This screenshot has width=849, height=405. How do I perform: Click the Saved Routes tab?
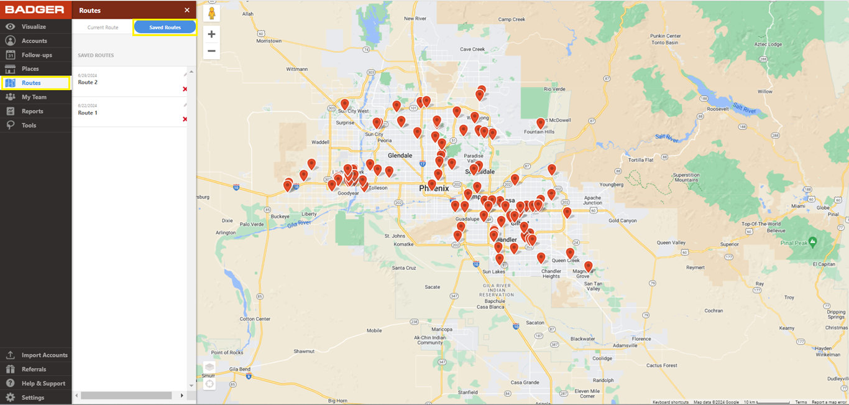[x=165, y=27]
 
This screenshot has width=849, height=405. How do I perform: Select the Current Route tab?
[x=103, y=27]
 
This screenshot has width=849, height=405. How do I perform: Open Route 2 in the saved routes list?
[x=88, y=82]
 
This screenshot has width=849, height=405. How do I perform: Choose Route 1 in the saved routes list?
[x=88, y=113]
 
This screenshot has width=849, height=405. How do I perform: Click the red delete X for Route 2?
[x=185, y=89]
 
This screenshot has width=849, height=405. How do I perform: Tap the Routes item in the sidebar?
[x=31, y=83]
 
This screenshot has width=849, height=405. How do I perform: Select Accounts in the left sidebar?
[x=34, y=41]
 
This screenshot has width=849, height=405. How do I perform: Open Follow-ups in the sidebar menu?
[x=37, y=55]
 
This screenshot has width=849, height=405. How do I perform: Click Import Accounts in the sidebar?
[x=44, y=355]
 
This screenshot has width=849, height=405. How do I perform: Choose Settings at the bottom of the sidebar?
[x=33, y=398]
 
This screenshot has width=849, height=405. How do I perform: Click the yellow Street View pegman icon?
[x=211, y=14]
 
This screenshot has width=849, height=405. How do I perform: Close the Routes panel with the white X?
[x=187, y=10]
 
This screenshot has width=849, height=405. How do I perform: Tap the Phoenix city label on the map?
[x=433, y=189]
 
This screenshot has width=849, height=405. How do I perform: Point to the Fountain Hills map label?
[x=539, y=132]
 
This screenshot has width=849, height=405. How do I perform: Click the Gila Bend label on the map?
[x=239, y=369]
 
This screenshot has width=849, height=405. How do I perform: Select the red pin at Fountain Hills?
[x=541, y=123]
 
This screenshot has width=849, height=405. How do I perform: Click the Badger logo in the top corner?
[x=35, y=9]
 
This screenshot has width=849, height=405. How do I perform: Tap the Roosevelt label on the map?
[x=717, y=109]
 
